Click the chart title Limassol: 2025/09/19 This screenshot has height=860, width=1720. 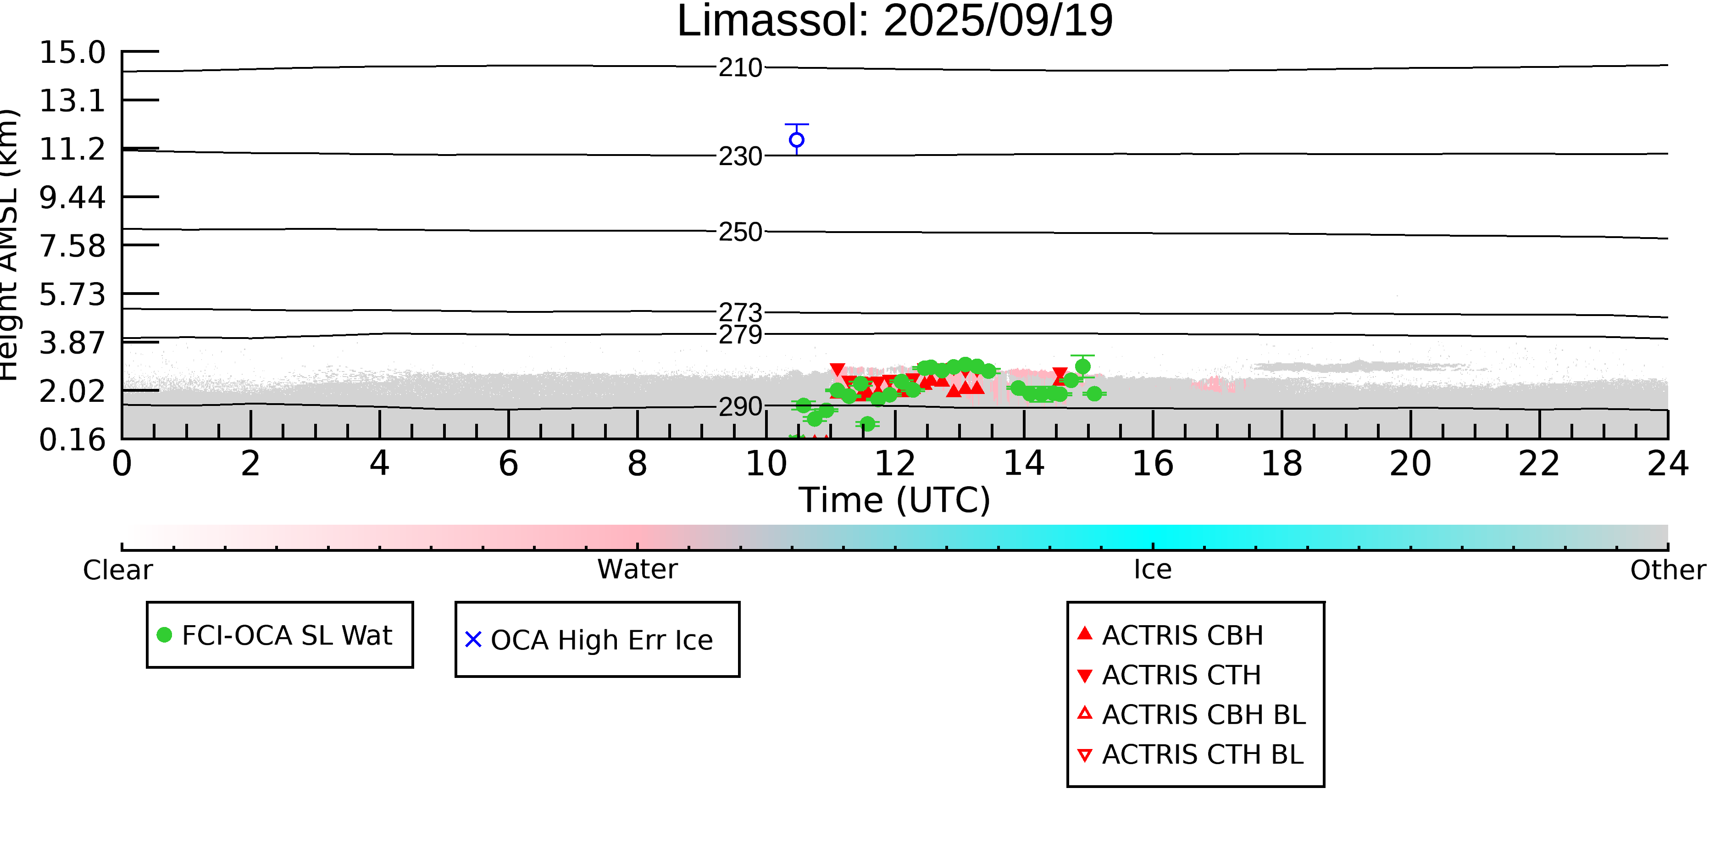pyautogui.click(x=895, y=22)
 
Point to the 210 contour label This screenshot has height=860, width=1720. pyautogui.click(x=740, y=68)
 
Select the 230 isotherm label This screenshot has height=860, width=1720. pyautogui.click(x=740, y=157)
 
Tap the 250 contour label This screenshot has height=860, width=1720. pyautogui.click(x=740, y=233)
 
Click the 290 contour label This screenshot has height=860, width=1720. pyautogui.click(x=740, y=407)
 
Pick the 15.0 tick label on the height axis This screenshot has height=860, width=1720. pyautogui.click(x=72, y=53)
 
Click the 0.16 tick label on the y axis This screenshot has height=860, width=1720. pyautogui.click(x=72, y=440)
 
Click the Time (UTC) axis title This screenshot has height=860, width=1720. pyautogui.click(x=895, y=500)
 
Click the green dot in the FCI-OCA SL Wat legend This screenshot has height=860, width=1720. pyautogui.click(x=164, y=635)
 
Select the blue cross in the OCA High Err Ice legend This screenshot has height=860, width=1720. pyautogui.click(x=473, y=640)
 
